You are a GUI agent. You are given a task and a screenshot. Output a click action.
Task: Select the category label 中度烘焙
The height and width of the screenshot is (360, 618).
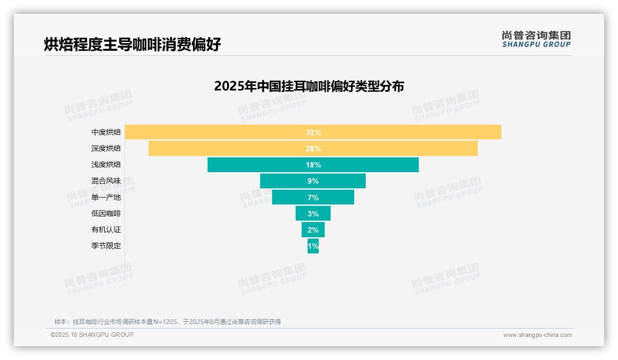106,132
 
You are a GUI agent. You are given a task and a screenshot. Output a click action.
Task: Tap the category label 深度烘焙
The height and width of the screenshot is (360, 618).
106,148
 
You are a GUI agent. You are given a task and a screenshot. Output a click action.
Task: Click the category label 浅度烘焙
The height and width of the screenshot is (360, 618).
106,164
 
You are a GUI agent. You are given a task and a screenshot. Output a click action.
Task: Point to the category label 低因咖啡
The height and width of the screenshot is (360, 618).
106,213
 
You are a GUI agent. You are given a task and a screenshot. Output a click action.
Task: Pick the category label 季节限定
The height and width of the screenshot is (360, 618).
106,246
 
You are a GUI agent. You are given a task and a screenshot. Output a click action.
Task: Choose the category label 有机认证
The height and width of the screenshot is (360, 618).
106,229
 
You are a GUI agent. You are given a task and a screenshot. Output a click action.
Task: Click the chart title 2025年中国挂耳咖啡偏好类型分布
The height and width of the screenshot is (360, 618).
309,86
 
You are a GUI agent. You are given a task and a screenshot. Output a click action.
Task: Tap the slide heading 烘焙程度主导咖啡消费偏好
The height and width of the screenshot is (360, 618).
132,44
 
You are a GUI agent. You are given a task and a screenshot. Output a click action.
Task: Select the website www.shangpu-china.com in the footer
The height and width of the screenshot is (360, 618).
537,335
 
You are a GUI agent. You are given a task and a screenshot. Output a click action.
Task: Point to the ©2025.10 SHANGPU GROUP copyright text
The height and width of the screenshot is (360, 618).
92,335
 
